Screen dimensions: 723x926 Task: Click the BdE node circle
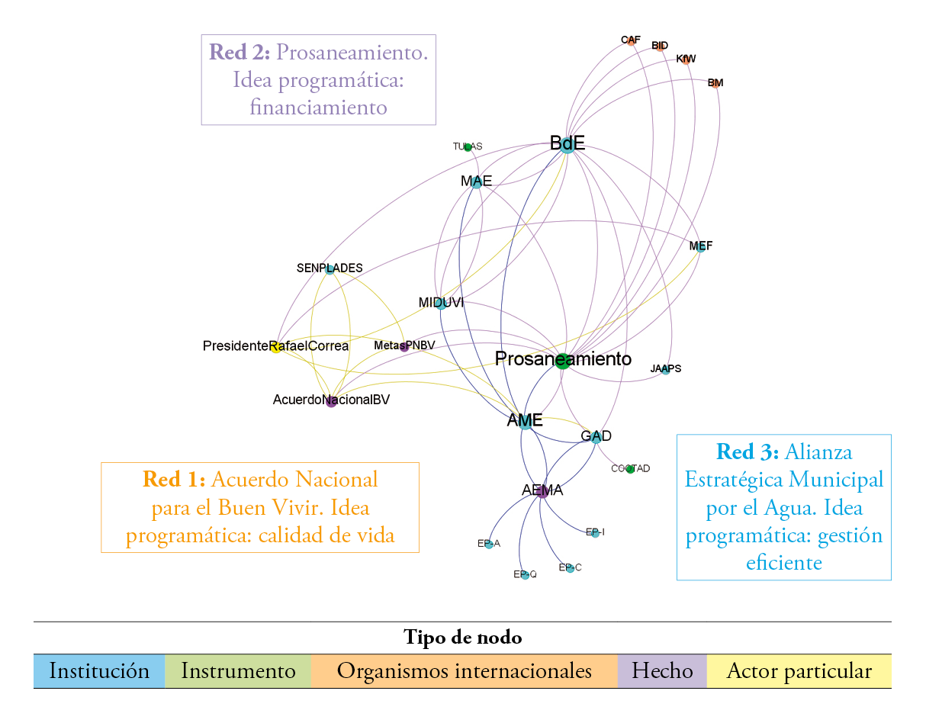pyautogui.click(x=567, y=146)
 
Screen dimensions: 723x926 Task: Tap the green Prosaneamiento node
pyautogui.click(x=562, y=361)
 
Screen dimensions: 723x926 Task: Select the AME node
pyautogui.click(x=526, y=422)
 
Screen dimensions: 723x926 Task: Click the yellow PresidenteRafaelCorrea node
pyautogui.click(x=276, y=347)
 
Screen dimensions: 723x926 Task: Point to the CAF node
pyautogui.click(x=631, y=40)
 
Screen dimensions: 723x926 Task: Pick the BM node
pyautogui.click(x=715, y=84)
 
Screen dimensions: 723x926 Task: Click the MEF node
pyautogui.click(x=700, y=247)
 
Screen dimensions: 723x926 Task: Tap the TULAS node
pyautogui.click(x=468, y=146)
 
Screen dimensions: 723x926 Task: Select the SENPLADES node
pyautogui.click(x=330, y=269)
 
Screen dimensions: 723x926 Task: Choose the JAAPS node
pyautogui.click(x=665, y=370)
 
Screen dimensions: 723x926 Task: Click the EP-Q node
pyautogui.click(x=525, y=575)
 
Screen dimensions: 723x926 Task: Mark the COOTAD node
pyautogui.click(x=630, y=469)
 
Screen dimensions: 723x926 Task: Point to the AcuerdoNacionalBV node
pyautogui.click(x=331, y=402)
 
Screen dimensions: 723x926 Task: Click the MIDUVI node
pyautogui.click(x=440, y=304)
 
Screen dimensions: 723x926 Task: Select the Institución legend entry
pyautogui.click(x=99, y=671)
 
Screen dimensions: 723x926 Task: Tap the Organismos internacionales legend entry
pyautogui.click(x=464, y=671)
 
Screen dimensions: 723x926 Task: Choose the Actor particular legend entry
pyautogui.click(x=799, y=671)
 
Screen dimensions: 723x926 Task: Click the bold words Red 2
pyautogui.click(x=240, y=53)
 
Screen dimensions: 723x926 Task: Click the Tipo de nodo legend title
pyautogui.click(x=462, y=638)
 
